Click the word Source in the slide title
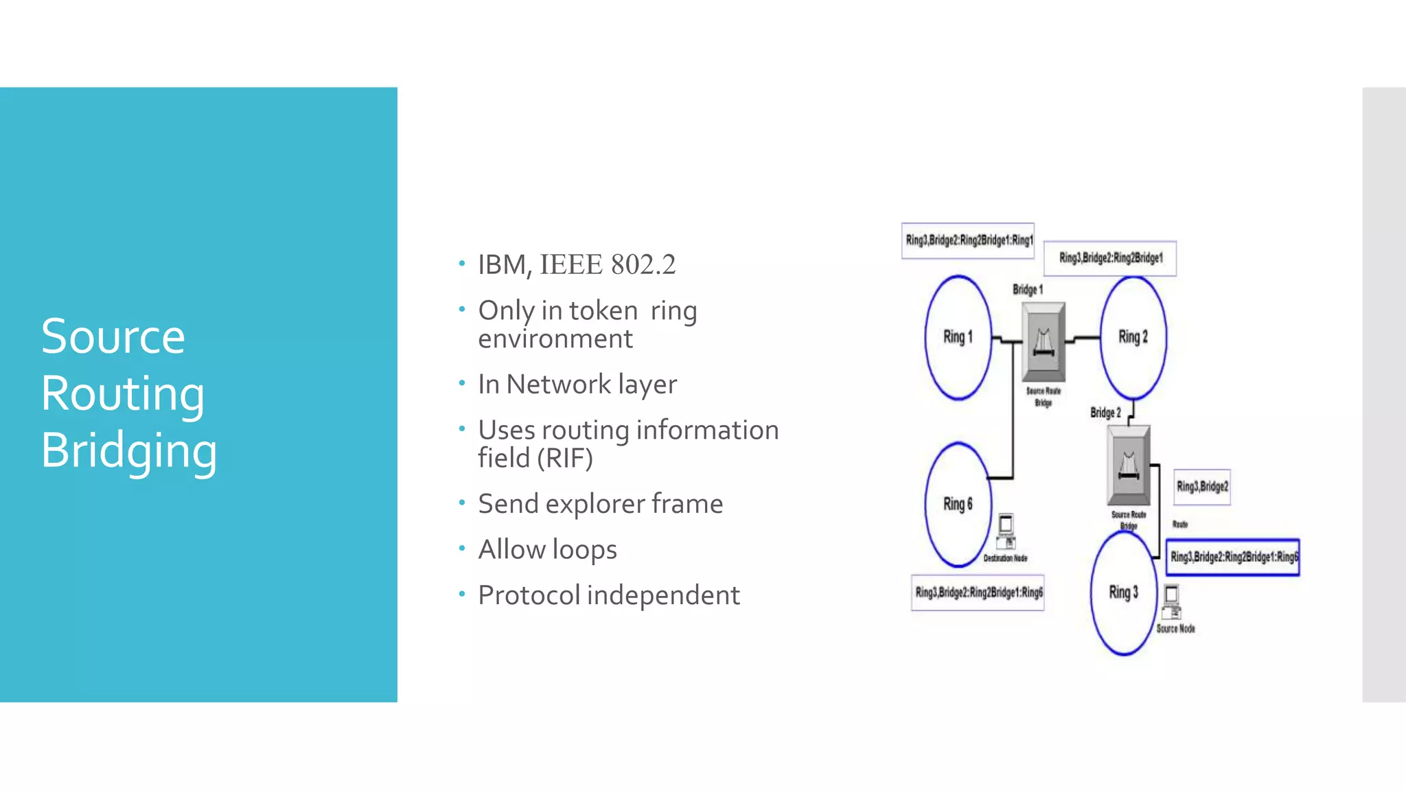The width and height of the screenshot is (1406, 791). [113, 336]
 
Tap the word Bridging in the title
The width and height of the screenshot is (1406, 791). [129, 451]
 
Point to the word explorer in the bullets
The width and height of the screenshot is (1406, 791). [596, 504]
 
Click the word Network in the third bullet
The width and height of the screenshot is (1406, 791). [559, 385]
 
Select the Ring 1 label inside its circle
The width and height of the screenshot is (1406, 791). [958, 337]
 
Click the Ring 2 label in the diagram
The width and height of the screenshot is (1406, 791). [1133, 337]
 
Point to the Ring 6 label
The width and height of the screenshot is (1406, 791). [958, 504]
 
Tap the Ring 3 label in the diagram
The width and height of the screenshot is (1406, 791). [1123, 592]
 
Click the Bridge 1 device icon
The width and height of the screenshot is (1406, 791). [1044, 342]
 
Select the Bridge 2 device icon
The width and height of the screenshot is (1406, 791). [1129, 466]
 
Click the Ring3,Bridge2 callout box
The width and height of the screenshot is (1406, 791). [1202, 487]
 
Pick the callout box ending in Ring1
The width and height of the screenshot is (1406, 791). [968, 241]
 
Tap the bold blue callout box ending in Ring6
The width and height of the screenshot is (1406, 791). [1233, 557]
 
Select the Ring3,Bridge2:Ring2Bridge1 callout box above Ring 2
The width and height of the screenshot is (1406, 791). [1110, 258]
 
